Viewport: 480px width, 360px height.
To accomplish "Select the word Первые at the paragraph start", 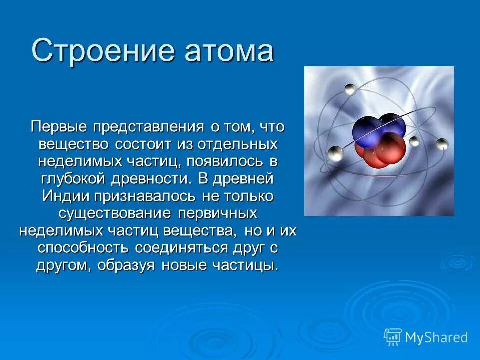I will tap(59, 126).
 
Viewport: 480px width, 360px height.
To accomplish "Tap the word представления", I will tap(148, 126).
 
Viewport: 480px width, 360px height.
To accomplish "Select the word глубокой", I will tap(76, 179).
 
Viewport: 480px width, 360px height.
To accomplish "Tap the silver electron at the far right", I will tap(442, 145).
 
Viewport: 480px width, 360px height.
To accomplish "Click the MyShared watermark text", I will tap(436, 337).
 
